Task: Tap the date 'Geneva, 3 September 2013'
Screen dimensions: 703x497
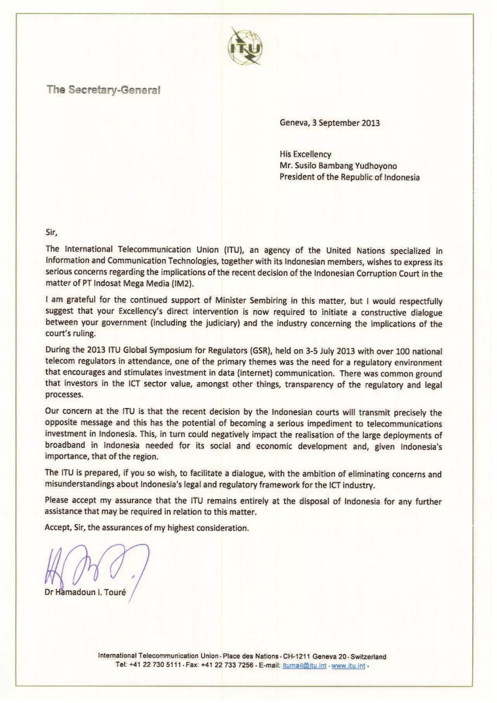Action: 330,123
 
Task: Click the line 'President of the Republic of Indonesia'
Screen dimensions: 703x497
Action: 349,177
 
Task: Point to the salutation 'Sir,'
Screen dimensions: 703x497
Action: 51,232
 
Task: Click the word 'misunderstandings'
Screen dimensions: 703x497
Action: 80,484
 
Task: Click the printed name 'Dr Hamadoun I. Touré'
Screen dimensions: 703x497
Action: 85,592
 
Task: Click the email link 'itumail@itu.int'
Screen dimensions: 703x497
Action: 304,665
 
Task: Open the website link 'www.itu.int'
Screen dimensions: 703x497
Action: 348,665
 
